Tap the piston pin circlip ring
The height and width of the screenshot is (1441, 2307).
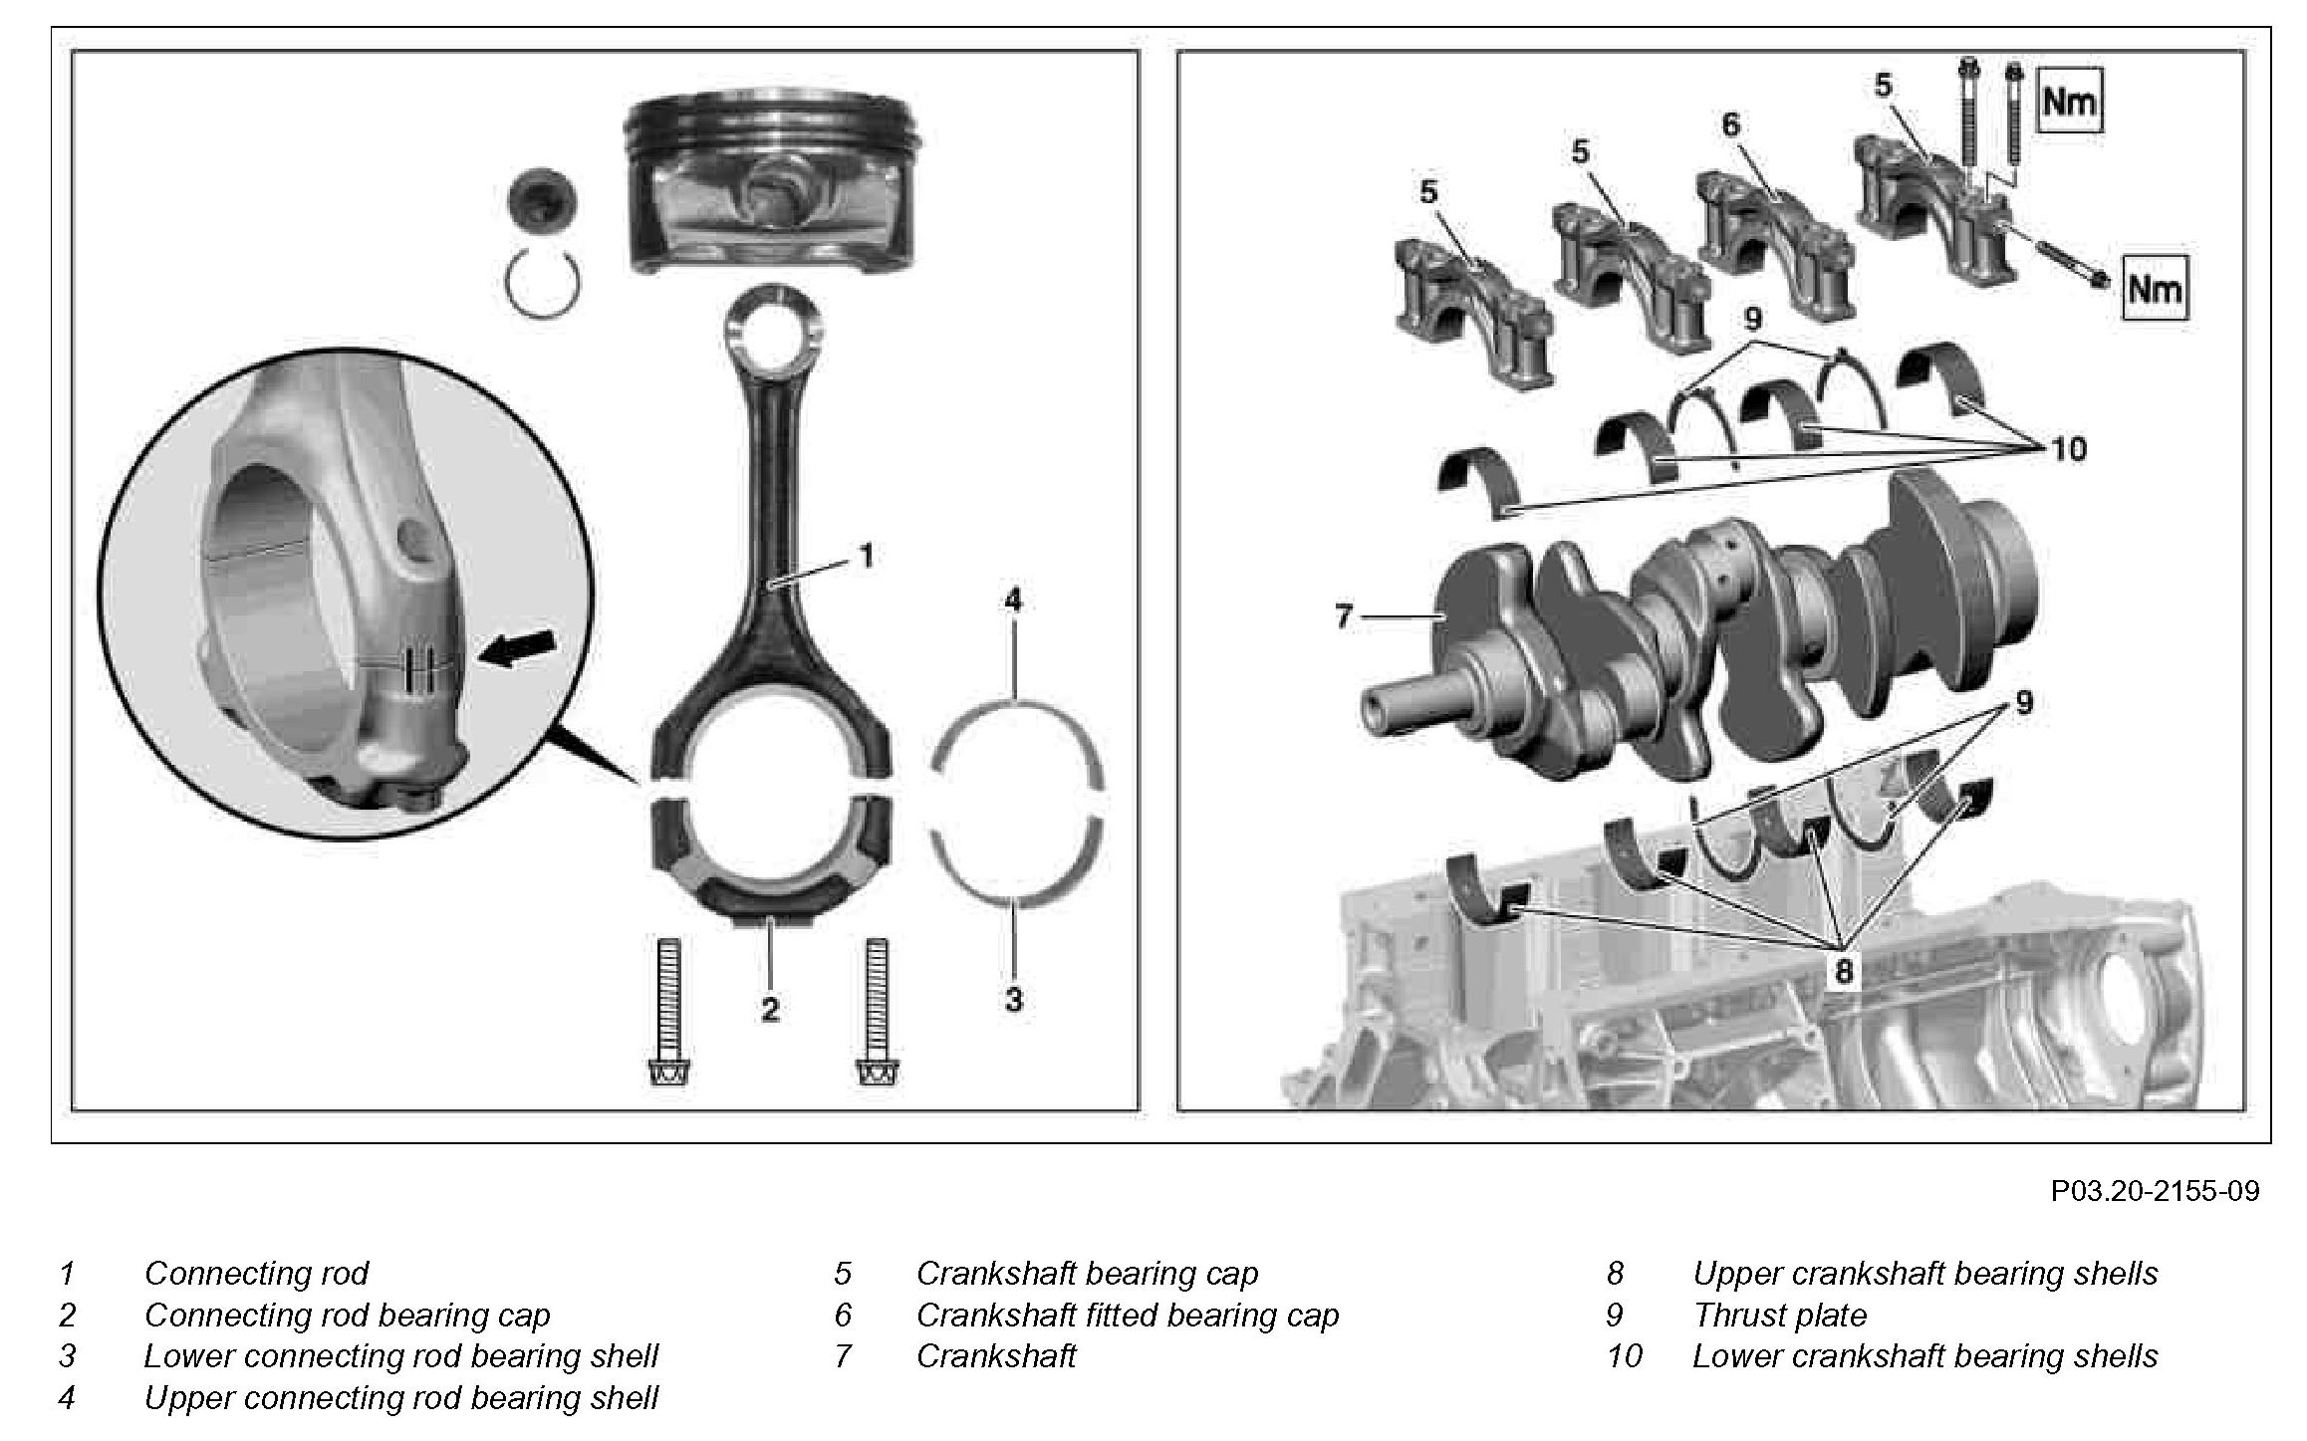pos(544,285)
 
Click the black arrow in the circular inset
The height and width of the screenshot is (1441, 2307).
pos(513,651)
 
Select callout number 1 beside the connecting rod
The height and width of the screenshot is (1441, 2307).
pos(867,556)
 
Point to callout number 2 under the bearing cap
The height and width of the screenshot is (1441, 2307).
pos(770,1009)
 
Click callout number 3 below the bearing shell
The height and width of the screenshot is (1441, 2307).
pos(1014,999)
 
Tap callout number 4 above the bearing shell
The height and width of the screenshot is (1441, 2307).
pos(1013,600)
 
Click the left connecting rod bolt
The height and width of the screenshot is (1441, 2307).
pos(669,1011)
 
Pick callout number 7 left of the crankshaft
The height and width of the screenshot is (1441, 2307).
pos(1344,617)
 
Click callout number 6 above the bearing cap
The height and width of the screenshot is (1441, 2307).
pos(1730,124)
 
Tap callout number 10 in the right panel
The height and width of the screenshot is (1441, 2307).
pos(2069,449)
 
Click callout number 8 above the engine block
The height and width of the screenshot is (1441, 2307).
pos(1843,970)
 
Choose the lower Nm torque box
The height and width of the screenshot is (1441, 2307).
pos(2155,288)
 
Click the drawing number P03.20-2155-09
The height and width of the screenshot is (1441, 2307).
pos(2155,1191)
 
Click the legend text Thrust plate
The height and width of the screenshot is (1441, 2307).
pos(1779,1316)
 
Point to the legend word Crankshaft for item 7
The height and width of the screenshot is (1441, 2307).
pos(996,1356)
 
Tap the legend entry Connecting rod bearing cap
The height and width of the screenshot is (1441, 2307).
pos(347,1316)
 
